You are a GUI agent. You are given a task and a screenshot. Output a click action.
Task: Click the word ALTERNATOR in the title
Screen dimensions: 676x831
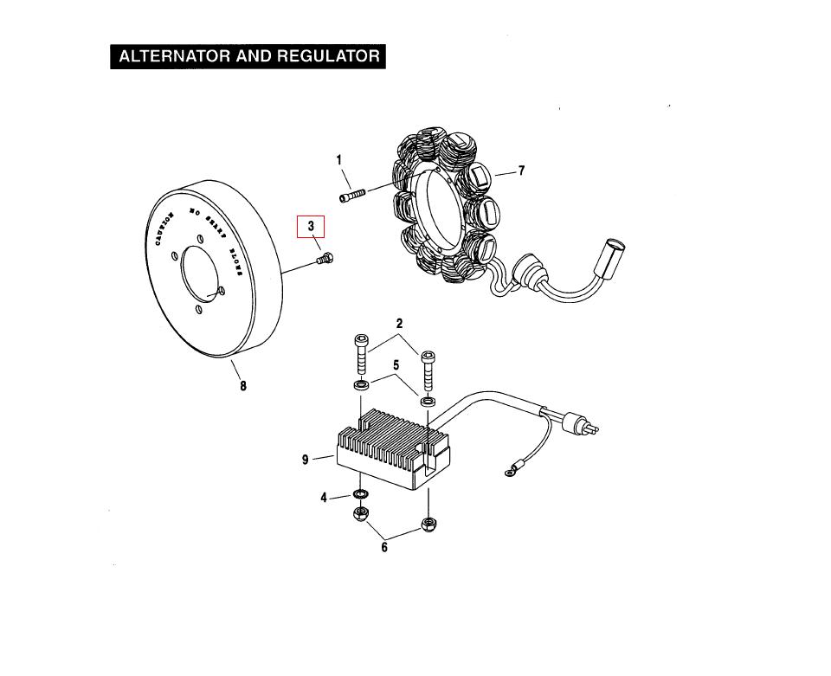(x=169, y=57)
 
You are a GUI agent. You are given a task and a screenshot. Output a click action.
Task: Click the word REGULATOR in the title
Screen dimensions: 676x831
(x=328, y=57)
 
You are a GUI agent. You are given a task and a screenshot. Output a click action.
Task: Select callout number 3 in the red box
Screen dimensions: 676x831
(x=311, y=227)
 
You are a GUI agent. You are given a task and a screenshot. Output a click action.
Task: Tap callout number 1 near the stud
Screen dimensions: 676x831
(x=339, y=160)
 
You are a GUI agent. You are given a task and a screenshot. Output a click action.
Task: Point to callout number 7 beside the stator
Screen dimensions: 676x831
(x=521, y=171)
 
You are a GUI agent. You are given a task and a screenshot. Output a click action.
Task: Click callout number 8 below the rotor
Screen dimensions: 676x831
(x=243, y=386)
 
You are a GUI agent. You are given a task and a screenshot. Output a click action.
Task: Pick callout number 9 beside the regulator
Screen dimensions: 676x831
(x=306, y=460)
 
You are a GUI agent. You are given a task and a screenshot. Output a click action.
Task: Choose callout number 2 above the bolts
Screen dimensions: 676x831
(x=399, y=324)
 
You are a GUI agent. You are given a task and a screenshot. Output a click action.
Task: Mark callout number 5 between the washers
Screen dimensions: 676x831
(x=396, y=365)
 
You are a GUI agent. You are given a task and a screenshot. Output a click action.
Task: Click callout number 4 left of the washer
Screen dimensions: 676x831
(x=324, y=498)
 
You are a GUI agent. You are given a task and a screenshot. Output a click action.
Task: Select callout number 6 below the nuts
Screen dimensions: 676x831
(x=384, y=547)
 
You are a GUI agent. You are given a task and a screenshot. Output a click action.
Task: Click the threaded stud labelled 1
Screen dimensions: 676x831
(x=354, y=196)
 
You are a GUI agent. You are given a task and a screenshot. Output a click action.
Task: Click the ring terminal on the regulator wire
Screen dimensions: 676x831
(x=510, y=472)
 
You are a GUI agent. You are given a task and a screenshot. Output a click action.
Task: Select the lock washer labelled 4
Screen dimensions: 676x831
(x=360, y=496)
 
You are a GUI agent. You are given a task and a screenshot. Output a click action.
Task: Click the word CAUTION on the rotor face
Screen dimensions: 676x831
(x=164, y=229)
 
